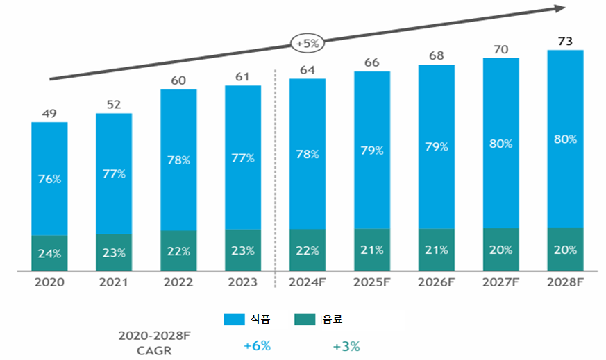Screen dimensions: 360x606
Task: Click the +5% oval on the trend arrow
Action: coord(307,43)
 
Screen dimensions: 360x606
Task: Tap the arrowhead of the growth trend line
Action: coord(559,8)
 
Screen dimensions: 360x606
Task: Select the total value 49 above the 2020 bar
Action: coord(49,114)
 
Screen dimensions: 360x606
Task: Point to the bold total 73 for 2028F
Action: coord(565,42)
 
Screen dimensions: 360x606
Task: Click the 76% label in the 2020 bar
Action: coord(49,179)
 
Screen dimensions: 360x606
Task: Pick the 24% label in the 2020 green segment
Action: coord(49,253)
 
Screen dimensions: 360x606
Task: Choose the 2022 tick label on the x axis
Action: coord(178,282)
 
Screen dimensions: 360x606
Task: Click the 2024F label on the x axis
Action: coord(307,282)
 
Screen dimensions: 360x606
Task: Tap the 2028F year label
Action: coord(565,282)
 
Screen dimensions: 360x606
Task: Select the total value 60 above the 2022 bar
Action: coord(178,80)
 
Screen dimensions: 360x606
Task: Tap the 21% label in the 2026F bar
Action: coord(436,250)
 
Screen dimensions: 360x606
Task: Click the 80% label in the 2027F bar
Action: coord(500,144)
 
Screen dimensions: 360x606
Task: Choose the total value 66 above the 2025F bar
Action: coord(371,62)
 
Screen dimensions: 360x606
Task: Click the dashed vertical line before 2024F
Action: coord(276,173)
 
